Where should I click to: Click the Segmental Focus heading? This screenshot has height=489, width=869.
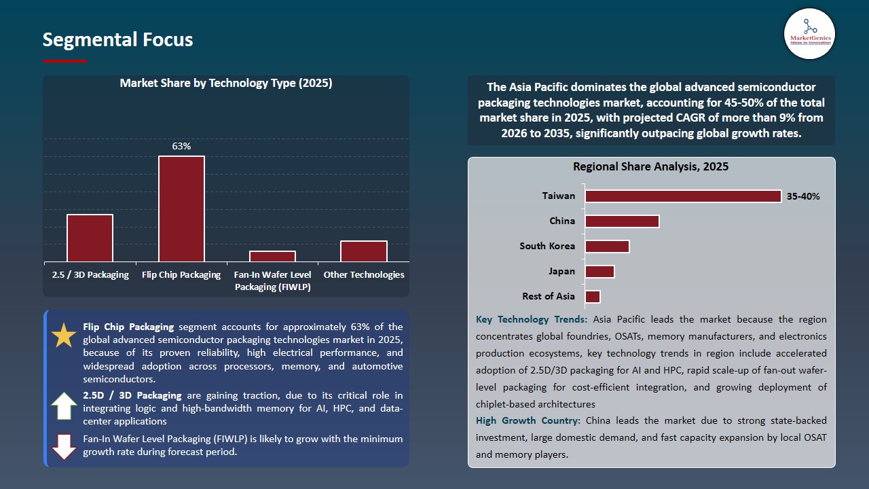click(x=117, y=39)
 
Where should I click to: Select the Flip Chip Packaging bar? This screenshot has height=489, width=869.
click(x=181, y=209)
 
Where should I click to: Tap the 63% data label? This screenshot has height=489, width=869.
click(x=181, y=146)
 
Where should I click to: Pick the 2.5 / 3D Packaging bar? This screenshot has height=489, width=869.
click(x=90, y=238)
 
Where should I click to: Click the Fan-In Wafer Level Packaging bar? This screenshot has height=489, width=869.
click(x=272, y=256)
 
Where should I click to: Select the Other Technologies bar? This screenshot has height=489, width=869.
click(x=364, y=251)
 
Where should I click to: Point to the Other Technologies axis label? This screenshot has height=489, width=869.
click(x=364, y=275)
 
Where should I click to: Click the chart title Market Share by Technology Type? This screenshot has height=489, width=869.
click(x=225, y=83)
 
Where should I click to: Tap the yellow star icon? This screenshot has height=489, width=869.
click(x=64, y=336)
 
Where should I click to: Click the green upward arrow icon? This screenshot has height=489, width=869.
click(x=64, y=405)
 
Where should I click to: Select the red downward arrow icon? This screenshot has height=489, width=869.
click(x=64, y=446)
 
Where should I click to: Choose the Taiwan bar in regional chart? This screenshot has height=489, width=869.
click(x=683, y=196)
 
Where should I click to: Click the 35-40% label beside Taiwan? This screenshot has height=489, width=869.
click(x=803, y=196)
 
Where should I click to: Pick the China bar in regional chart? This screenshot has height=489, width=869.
click(x=622, y=221)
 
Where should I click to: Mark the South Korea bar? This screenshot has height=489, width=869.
click(x=607, y=246)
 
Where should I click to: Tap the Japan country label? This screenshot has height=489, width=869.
click(x=561, y=271)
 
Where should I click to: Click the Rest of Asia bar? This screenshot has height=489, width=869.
click(x=593, y=296)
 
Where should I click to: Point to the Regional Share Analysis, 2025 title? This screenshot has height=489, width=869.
click(x=650, y=166)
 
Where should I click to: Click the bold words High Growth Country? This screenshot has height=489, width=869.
click(x=528, y=421)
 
